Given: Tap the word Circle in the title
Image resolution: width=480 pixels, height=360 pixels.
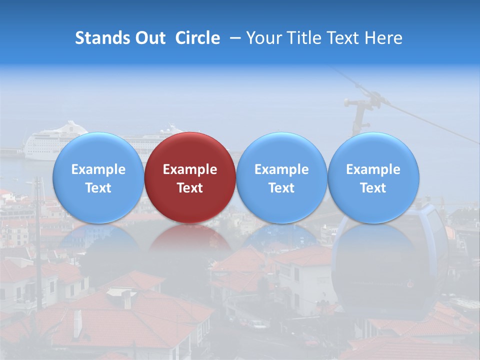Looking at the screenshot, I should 197,38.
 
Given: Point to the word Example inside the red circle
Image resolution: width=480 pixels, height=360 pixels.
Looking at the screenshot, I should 190,169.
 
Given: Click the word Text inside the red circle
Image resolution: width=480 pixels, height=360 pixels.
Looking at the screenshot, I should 190,188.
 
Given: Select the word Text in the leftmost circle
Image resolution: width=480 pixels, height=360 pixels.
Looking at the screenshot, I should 98,188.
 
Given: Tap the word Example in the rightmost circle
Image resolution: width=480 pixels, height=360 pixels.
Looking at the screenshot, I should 373,169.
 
